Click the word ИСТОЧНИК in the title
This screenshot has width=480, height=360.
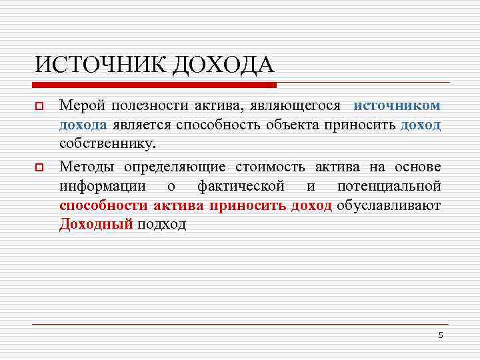[100, 65]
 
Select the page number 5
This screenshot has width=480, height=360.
[440, 335]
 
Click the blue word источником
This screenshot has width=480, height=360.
[397, 105]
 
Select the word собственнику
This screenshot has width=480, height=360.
[107, 143]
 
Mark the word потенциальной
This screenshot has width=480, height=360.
[389, 185]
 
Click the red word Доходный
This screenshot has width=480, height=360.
[96, 224]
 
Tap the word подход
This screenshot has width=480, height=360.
[161, 224]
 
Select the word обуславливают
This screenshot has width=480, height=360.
[389, 205]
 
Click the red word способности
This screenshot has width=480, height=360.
[102, 205]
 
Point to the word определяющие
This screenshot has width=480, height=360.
[175, 166]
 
